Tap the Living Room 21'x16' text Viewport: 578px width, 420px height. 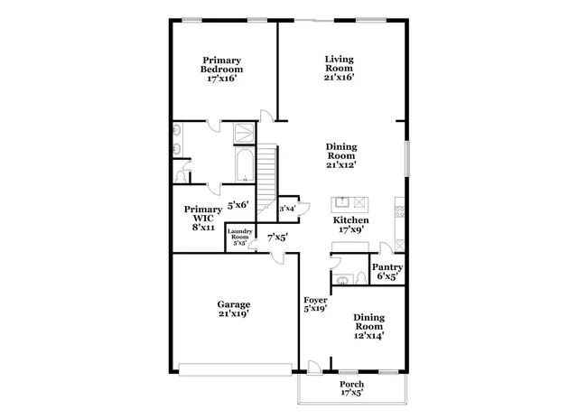pos(340,69)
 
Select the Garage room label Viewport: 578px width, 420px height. pos(233,309)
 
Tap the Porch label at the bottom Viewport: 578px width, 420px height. pos(352,388)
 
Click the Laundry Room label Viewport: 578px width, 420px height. pos(239,237)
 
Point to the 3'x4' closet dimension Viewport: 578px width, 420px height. pos(288,208)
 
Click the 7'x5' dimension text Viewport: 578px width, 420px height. pos(276,237)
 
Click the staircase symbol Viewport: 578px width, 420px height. pos(266,176)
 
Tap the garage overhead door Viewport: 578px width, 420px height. pos(234,368)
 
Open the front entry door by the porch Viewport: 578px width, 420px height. pos(315,368)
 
